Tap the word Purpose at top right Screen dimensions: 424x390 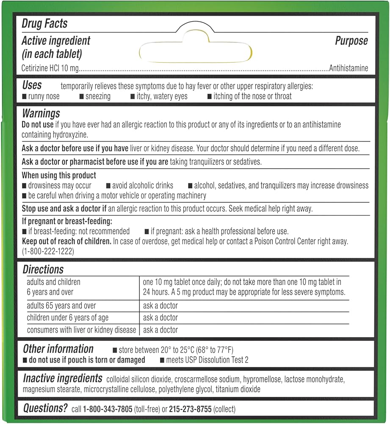(x=351, y=41)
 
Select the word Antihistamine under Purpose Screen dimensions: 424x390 (x=349, y=68)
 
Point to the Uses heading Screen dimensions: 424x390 (x=32, y=85)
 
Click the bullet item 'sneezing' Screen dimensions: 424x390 (x=97, y=96)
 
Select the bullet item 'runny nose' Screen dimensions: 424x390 (x=44, y=96)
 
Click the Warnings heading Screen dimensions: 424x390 (x=41, y=114)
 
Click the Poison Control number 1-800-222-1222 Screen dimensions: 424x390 (x=48, y=251)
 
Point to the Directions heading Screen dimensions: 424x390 (x=43, y=269)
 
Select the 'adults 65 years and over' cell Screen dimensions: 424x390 (x=61, y=306)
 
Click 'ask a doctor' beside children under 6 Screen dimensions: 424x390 (x=160, y=318)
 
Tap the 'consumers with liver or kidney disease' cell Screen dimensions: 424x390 (x=81, y=330)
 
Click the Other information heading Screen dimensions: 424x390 (x=58, y=349)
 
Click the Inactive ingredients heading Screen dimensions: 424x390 (x=62, y=378)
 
